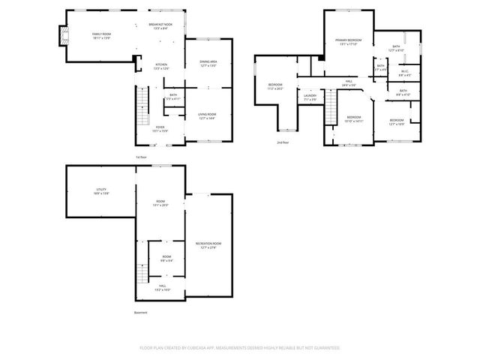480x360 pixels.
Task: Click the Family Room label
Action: [101, 34]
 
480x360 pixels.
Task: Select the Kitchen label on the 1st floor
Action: [161, 65]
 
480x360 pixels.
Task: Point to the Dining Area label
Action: [208, 62]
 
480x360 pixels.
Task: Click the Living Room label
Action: [207, 115]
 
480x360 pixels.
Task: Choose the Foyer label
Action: [160, 127]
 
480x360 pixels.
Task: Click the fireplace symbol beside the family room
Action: [61, 35]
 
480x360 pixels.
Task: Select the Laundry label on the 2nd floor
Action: [310, 96]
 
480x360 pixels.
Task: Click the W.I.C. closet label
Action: [403, 72]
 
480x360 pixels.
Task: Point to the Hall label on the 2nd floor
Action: [349, 81]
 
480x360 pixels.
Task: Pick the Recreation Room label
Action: [208, 244]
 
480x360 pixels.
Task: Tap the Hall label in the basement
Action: [162, 286]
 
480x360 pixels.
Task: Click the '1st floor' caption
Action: [140, 157]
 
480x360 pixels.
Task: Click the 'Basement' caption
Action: [140, 312]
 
